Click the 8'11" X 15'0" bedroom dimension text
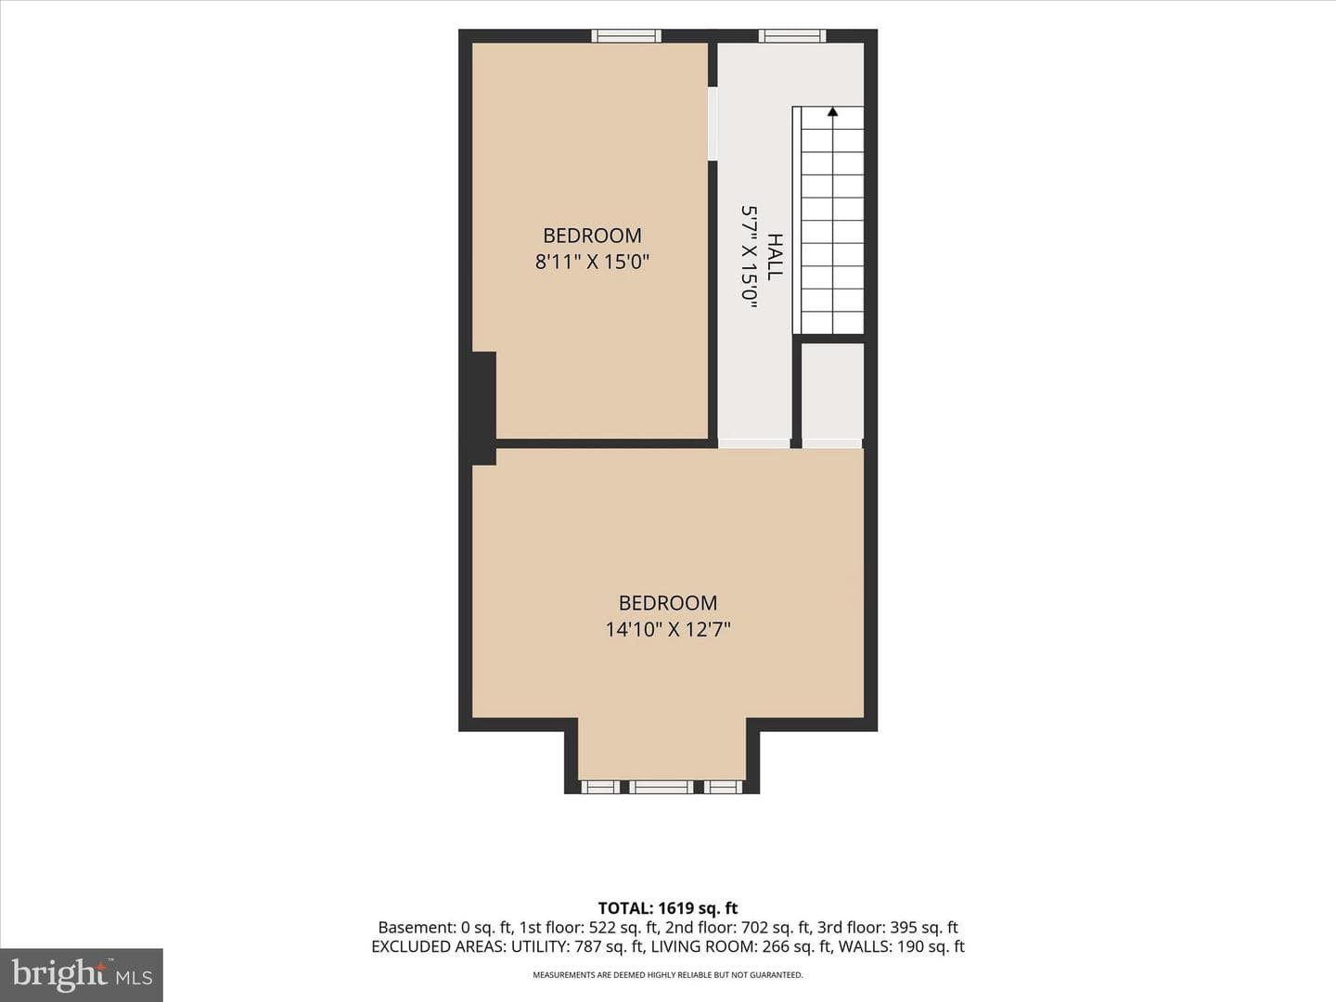coord(592,263)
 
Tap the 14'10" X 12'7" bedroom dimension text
coord(668,629)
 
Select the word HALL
coord(774,257)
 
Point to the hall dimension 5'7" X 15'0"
coord(750,258)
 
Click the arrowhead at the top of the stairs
coord(832,111)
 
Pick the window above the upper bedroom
coord(626,36)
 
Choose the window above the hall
coord(792,36)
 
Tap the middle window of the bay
coord(661,788)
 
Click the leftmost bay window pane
coord(600,788)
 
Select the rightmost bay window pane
coord(723,788)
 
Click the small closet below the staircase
coord(832,392)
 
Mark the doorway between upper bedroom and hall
coord(713,123)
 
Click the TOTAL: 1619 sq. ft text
coord(668,908)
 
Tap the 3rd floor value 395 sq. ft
coord(924,927)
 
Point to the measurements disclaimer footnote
coord(668,975)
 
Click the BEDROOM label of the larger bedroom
coord(668,603)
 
